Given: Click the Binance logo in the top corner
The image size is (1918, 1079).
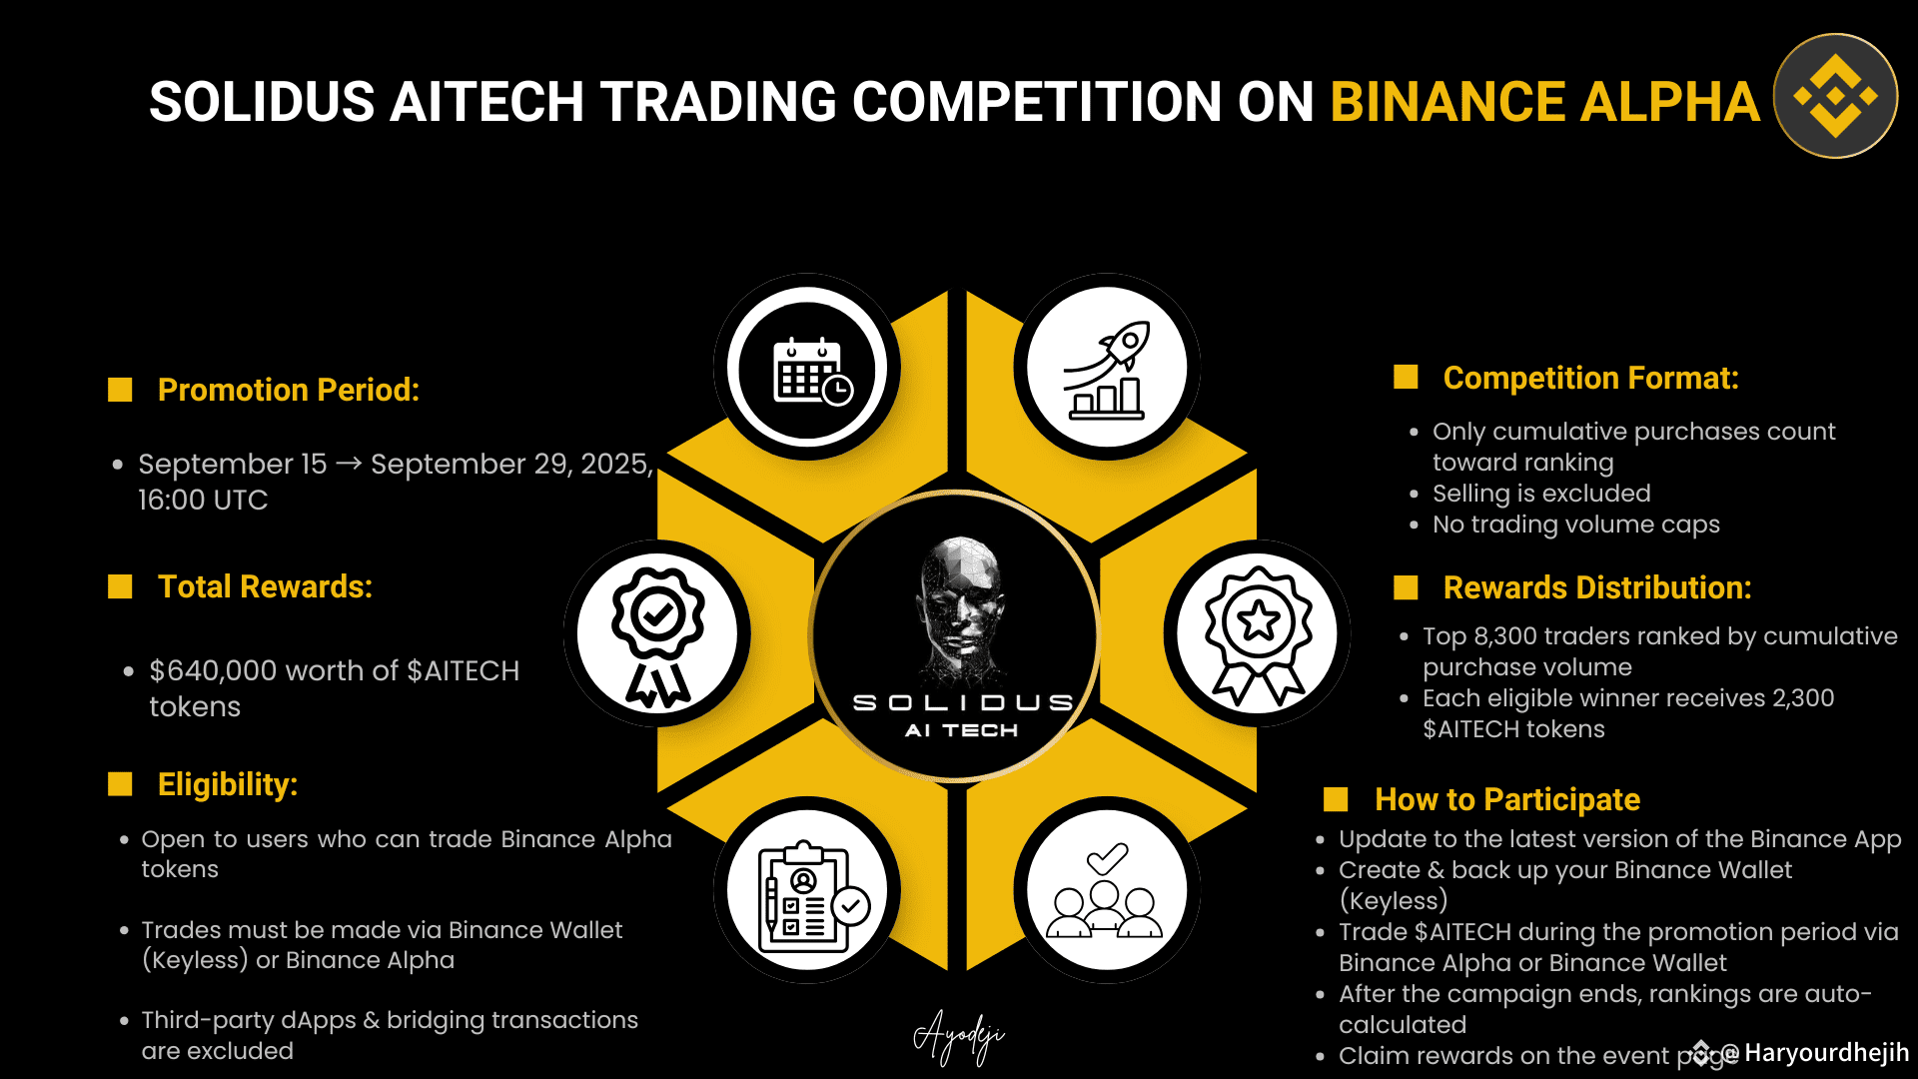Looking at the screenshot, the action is pyautogui.click(x=1835, y=96).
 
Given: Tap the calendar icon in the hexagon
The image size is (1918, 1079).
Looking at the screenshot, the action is pyautogui.click(x=812, y=371).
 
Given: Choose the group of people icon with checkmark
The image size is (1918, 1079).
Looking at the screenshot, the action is pyautogui.click(x=1105, y=890).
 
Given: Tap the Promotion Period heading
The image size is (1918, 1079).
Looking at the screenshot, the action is pyautogui.click(x=289, y=390).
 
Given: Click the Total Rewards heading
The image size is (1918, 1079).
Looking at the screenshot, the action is pyautogui.click(x=265, y=586).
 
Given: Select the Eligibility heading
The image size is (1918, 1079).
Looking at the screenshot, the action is pyautogui.click(x=228, y=784).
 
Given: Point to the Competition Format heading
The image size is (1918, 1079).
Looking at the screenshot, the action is pyautogui.click(x=1590, y=378).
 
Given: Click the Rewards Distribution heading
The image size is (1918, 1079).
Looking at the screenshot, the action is pyautogui.click(x=1597, y=587).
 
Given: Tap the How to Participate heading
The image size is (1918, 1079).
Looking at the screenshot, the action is pyautogui.click(x=1507, y=799).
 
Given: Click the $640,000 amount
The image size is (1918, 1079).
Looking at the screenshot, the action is pyautogui.click(x=213, y=670).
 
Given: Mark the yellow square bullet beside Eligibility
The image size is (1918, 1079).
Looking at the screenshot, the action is pyautogui.click(x=120, y=784).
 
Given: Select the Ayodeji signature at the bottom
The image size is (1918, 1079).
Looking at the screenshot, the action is pyautogui.click(x=959, y=1037).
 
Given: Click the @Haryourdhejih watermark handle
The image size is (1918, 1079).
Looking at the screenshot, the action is pyautogui.click(x=1813, y=1053).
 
